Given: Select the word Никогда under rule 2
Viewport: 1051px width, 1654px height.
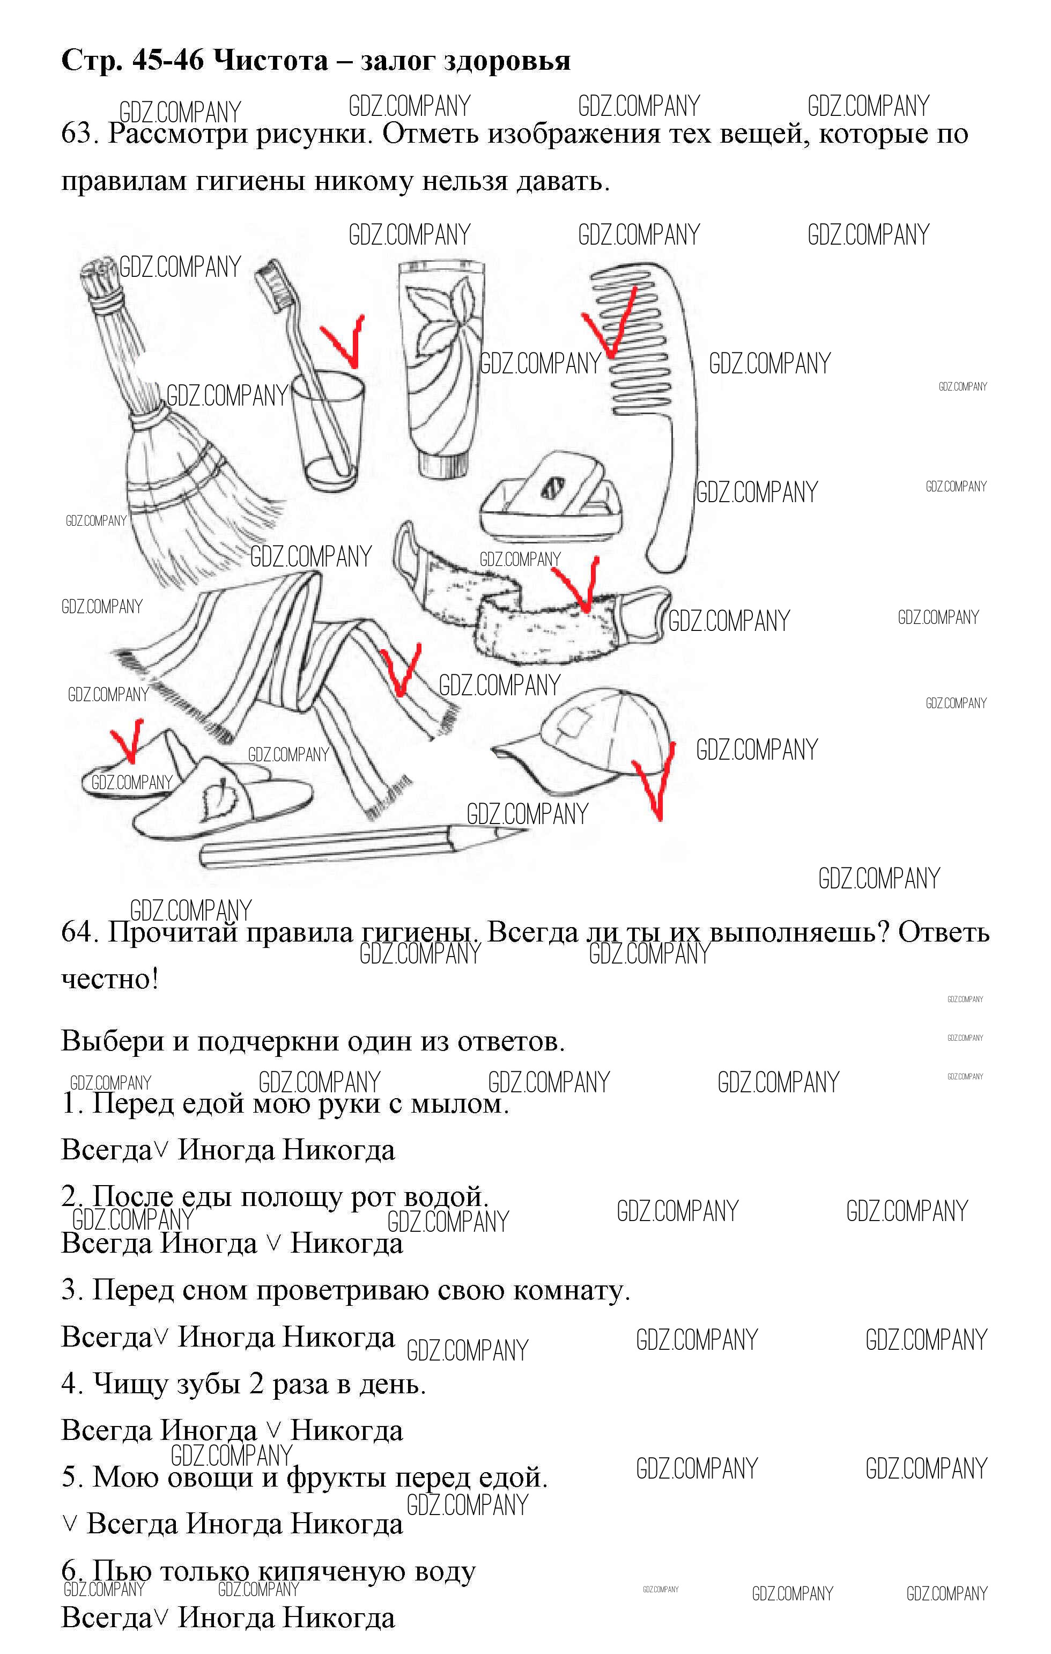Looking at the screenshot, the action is pos(347,1243).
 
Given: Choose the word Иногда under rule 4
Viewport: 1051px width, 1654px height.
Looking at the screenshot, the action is pos(209,1430).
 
